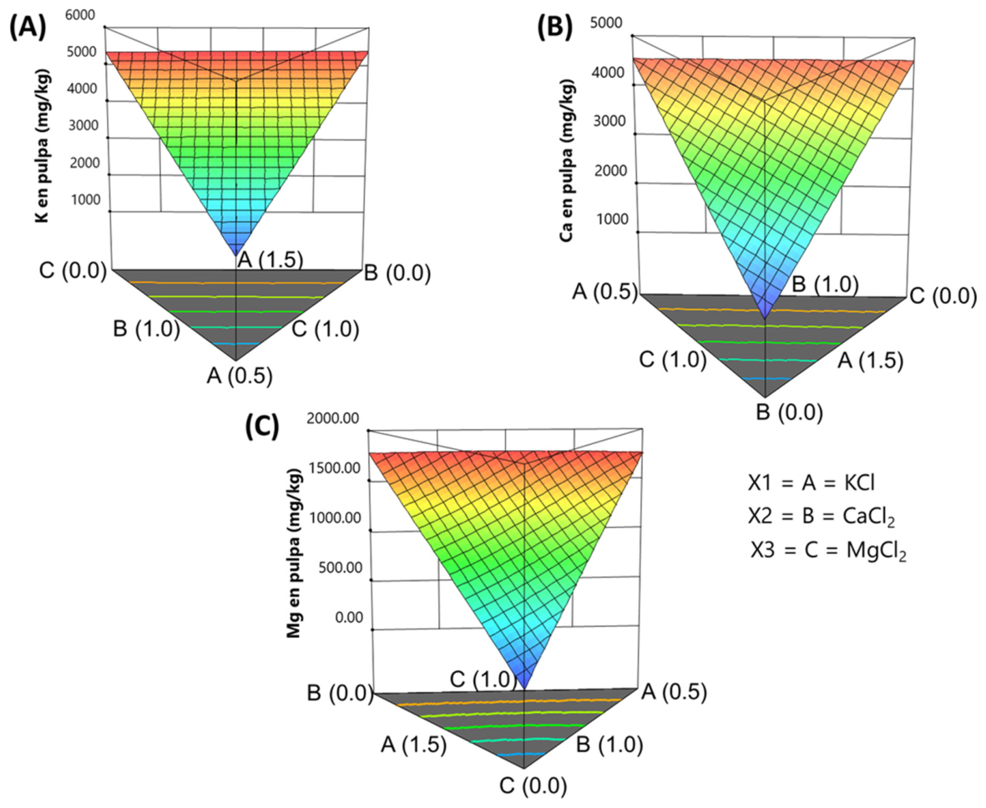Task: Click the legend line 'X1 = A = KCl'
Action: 812,483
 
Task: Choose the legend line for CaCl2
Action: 822,517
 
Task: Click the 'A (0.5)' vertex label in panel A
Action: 240,376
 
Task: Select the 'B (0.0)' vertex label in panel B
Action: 790,412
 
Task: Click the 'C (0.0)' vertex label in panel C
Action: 533,786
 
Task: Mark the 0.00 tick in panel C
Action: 349,618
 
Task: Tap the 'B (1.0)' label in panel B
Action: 825,284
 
